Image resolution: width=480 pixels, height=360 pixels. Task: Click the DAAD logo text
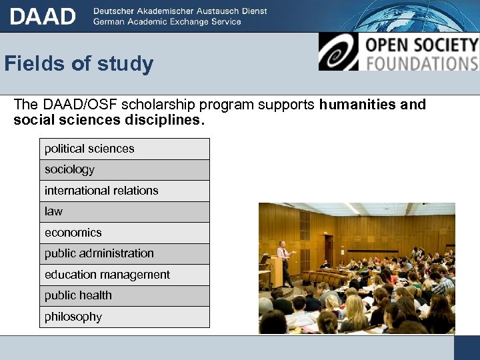[43, 16]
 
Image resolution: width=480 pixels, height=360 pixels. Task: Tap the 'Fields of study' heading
[79, 64]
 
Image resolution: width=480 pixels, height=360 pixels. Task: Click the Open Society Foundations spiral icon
[339, 52]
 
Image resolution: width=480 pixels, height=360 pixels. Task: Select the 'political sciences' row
[124, 149]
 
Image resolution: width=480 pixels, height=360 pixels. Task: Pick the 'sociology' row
[124, 170]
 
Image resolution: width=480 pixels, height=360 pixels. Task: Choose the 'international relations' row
[124, 191]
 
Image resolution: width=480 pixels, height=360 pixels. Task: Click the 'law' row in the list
[124, 211]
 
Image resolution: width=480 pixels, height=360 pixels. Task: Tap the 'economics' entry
[124, 233]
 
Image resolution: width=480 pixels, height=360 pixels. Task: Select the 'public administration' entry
[124, 253]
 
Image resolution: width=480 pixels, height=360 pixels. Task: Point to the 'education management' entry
[124, 275]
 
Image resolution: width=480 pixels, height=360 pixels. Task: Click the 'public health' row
[124, 295]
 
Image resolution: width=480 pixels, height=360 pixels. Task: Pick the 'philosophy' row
[124, 317]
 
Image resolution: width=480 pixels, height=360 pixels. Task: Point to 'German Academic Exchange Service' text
[167, 21]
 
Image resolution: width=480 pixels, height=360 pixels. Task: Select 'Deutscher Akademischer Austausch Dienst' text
[180, 11]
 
